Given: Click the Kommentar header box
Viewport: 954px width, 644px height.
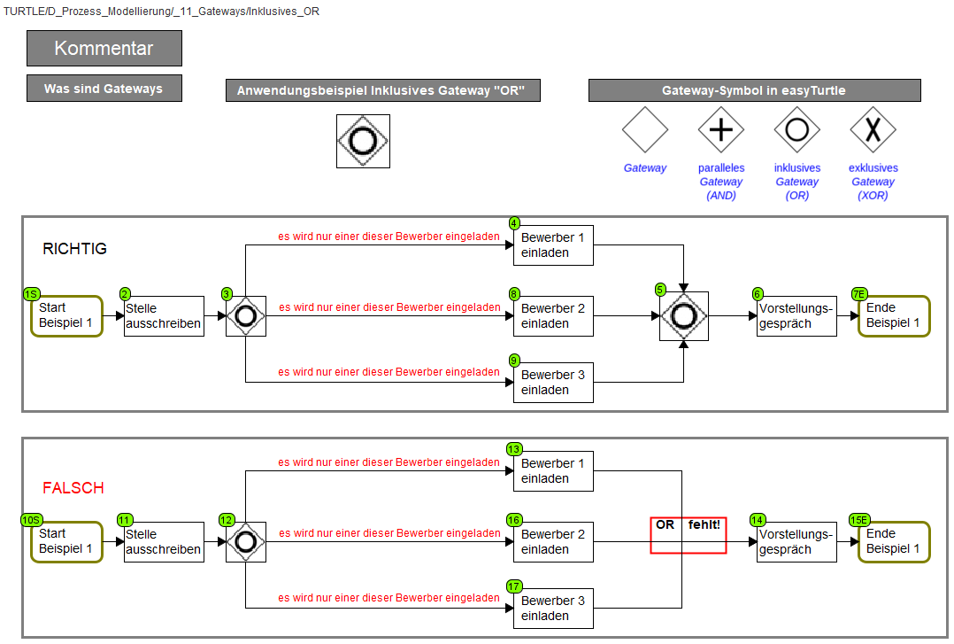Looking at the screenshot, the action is [x=104, y=48].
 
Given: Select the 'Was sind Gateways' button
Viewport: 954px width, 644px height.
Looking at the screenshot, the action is [x=104, y=89].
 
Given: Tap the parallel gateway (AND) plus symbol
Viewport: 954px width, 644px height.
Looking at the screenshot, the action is [x=721, y=130].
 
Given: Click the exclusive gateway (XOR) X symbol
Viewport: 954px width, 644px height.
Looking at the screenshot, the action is [x=873, y=130].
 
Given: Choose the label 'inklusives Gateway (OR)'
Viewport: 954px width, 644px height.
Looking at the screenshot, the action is [x=797, y=182].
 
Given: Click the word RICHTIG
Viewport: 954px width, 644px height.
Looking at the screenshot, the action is [x=75, y=249].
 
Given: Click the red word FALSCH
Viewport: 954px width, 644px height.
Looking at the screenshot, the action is [x=73, y=488].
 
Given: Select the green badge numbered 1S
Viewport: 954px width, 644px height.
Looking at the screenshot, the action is [x=32, y=294].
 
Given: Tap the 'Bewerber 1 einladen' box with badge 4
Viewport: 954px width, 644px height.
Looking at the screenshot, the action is [x=553, y=245].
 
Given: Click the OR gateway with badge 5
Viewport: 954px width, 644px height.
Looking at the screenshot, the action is [x=684, y=316].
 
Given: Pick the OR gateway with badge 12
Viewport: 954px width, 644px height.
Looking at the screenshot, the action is [x=246, y=541].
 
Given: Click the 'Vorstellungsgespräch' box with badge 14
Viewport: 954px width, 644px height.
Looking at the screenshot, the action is [x=796, y=541].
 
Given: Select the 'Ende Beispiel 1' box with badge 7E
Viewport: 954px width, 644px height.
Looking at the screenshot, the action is [x=894, y=315].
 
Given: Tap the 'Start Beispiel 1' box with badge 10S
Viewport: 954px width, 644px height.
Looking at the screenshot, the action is [x=67, y=541].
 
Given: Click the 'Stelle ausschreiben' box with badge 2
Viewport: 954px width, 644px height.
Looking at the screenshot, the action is [x=164, y=316].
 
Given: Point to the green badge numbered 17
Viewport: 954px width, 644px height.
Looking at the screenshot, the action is [x=514, y=586].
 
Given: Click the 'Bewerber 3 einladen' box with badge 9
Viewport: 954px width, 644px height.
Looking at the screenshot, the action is [x=553, y=383].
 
